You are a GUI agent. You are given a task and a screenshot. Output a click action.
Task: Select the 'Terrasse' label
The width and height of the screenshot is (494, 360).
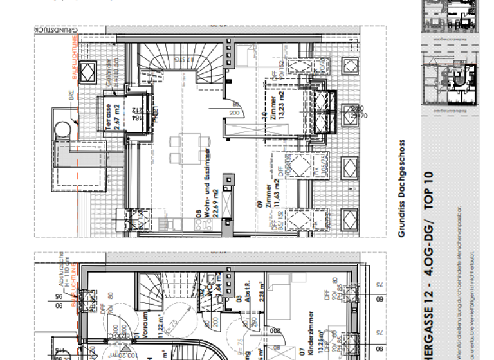pos(109,116)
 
